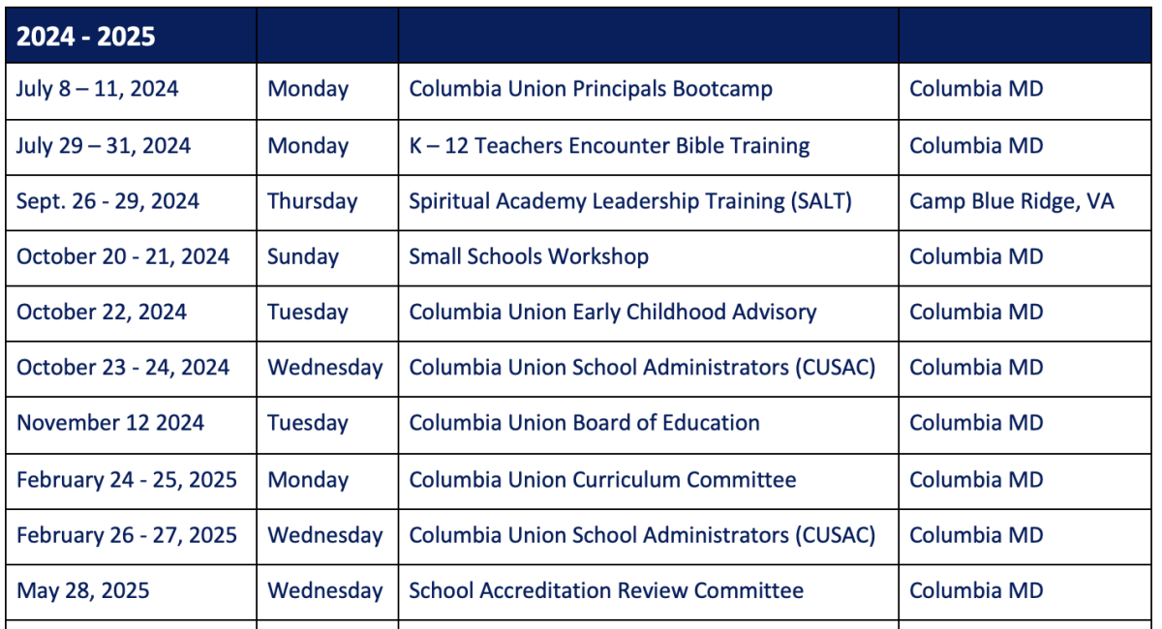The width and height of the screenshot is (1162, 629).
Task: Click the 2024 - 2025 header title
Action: coord(85,37)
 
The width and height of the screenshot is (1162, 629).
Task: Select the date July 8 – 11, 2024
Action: coord(97,89)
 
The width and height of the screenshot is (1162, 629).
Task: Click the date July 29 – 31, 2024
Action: coord(104,146)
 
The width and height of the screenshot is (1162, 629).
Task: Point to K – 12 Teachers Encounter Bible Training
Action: coord(609,146)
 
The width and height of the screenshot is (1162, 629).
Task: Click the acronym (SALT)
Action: coord(821,201)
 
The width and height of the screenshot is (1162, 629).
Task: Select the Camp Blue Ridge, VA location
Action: coord(1012,201)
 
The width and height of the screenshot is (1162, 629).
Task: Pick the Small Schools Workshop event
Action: coord(529,256)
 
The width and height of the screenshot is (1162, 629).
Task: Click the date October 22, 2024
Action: coord(101,313)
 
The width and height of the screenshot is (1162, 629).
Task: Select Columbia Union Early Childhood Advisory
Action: coord(613,313)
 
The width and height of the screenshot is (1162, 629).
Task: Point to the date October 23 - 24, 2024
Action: coord(122,368)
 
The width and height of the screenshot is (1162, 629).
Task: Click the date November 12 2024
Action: coord(110,423)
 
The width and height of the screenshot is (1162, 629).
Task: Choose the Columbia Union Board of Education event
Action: coord(584,423)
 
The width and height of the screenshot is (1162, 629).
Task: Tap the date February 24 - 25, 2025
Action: coord(127,480)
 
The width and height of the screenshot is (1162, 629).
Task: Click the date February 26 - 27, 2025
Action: coord(127,536)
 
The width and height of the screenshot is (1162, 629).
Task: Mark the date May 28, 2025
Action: coord(83,591)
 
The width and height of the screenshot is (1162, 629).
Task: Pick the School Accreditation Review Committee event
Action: coord(606,591)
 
